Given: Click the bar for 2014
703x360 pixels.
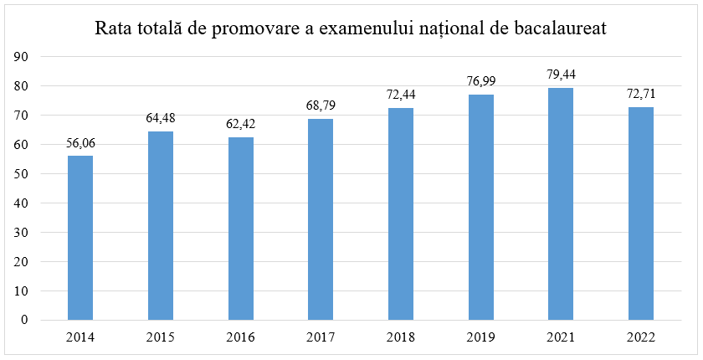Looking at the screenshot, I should click(80, 238).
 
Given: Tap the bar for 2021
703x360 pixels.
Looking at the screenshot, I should click(561, 204).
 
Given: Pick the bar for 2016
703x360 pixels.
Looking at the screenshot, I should click(240, 229).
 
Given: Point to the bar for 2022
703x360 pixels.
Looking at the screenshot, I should click(640, 213).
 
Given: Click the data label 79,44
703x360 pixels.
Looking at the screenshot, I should click(561, 75).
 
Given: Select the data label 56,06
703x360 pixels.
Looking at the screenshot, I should click(80, 143).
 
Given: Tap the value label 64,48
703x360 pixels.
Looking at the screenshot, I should click(161, 118).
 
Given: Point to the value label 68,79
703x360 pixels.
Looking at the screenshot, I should click(321, 105).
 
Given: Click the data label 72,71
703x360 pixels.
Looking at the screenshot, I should click(640, 94).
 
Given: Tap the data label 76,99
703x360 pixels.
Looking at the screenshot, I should click(480, 81).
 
